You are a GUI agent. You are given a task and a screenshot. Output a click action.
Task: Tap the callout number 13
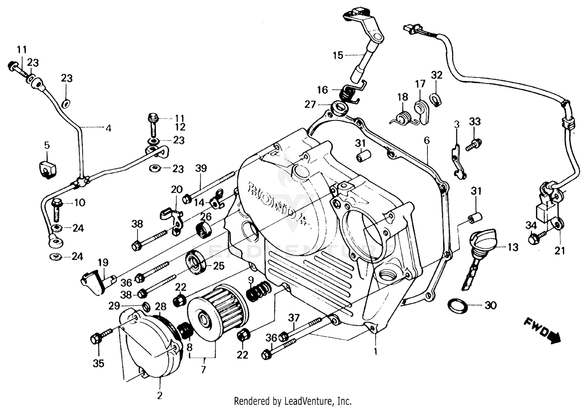point(513,247)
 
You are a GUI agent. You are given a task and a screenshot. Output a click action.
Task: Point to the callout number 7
point(203,369)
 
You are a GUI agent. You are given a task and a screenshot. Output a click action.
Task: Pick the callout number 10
point(79,203)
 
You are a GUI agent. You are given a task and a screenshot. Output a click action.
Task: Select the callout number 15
point(338,55)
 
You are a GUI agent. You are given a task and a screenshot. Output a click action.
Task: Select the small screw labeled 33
point(474,144)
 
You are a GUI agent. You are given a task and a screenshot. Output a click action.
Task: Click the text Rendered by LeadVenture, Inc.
point(293,401)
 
